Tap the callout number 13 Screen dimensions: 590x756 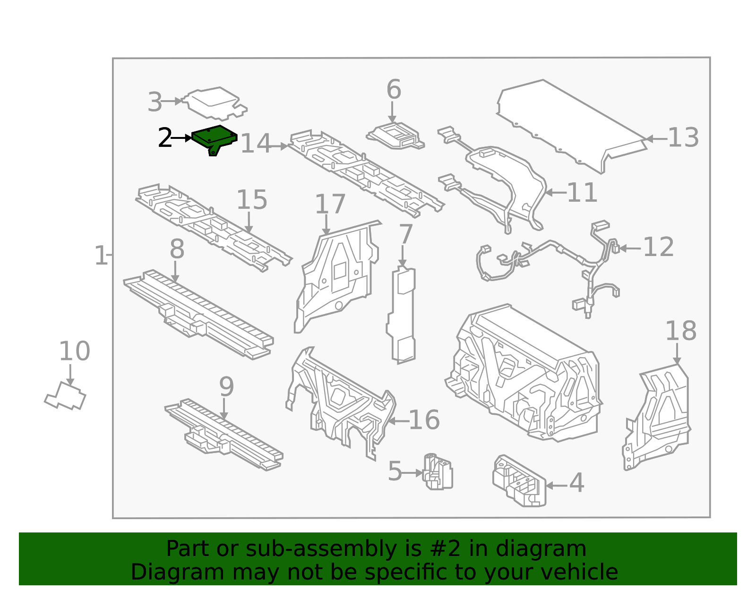tap(683, 138)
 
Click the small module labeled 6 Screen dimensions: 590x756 tap(396, 136)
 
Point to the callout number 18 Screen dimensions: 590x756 tap(680, 332)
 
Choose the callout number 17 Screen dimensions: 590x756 tap(330, 205)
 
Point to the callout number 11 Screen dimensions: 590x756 tap(582, 193)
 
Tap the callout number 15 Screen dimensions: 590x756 tap(251, 200)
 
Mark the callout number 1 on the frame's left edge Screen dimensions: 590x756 tap(101, 256)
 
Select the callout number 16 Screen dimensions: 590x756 tap(424, 420)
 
